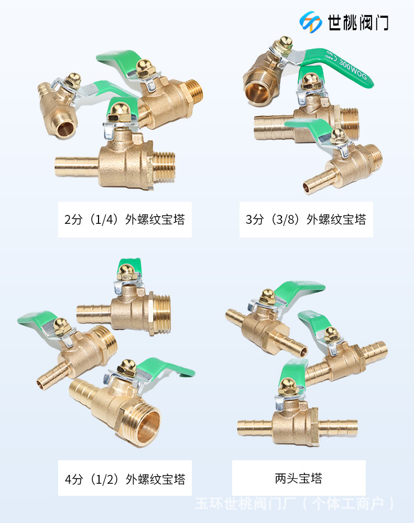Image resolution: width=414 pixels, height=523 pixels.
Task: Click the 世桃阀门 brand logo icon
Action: pos(311,21)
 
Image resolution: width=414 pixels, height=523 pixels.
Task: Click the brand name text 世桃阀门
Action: pos(358,22)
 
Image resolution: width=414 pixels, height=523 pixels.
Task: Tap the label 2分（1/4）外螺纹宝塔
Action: pos(125,220)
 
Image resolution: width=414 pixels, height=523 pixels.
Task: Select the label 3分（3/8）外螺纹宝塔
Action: pos(306,220)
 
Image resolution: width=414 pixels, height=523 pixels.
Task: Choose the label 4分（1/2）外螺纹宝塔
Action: pos(125,478)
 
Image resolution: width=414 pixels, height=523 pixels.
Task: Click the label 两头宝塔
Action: pos(299,478)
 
